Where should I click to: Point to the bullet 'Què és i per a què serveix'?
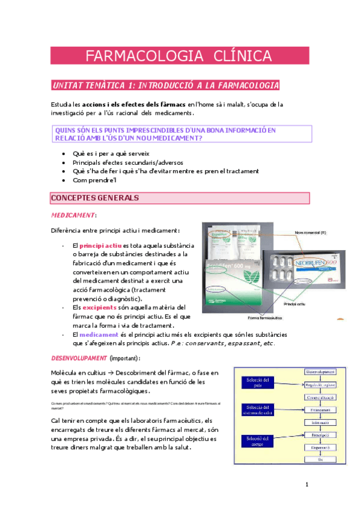[111, 154]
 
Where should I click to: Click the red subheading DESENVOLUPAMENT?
[79, 358]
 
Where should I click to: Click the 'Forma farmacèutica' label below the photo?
[269, 318]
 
